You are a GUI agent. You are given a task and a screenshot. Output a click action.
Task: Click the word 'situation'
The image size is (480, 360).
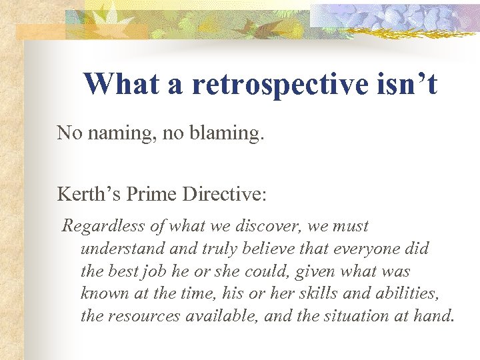point(347,316)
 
